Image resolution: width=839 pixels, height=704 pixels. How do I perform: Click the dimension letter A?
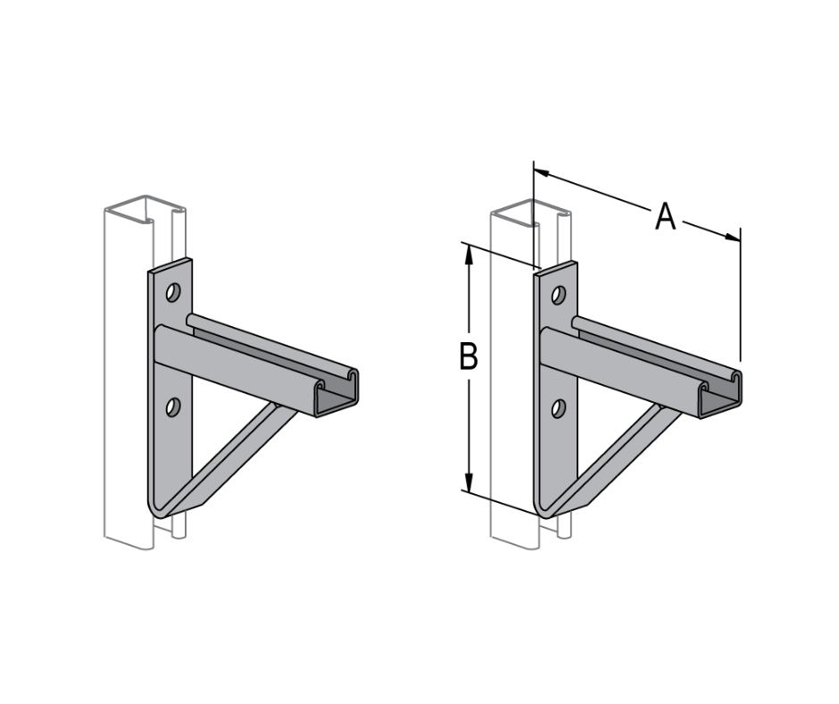(x=665, y=217)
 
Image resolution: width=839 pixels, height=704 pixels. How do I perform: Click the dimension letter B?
(x=469, y=356)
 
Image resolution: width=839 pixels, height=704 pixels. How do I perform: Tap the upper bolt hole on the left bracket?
(x=172, y=292)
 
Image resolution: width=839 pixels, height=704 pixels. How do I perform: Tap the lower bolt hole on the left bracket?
(x=172, y=407)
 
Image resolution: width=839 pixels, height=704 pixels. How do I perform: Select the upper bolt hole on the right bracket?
(x=559, y=295)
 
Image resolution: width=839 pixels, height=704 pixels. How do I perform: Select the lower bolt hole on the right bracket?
(x=559, y=409)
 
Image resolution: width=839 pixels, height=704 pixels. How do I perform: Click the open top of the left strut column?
(x=132, y=207)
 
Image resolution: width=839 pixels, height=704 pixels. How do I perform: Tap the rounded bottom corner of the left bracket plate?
(x=157, y=509)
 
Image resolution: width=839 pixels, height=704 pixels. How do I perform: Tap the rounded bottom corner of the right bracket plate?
(x=544, y=510)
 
